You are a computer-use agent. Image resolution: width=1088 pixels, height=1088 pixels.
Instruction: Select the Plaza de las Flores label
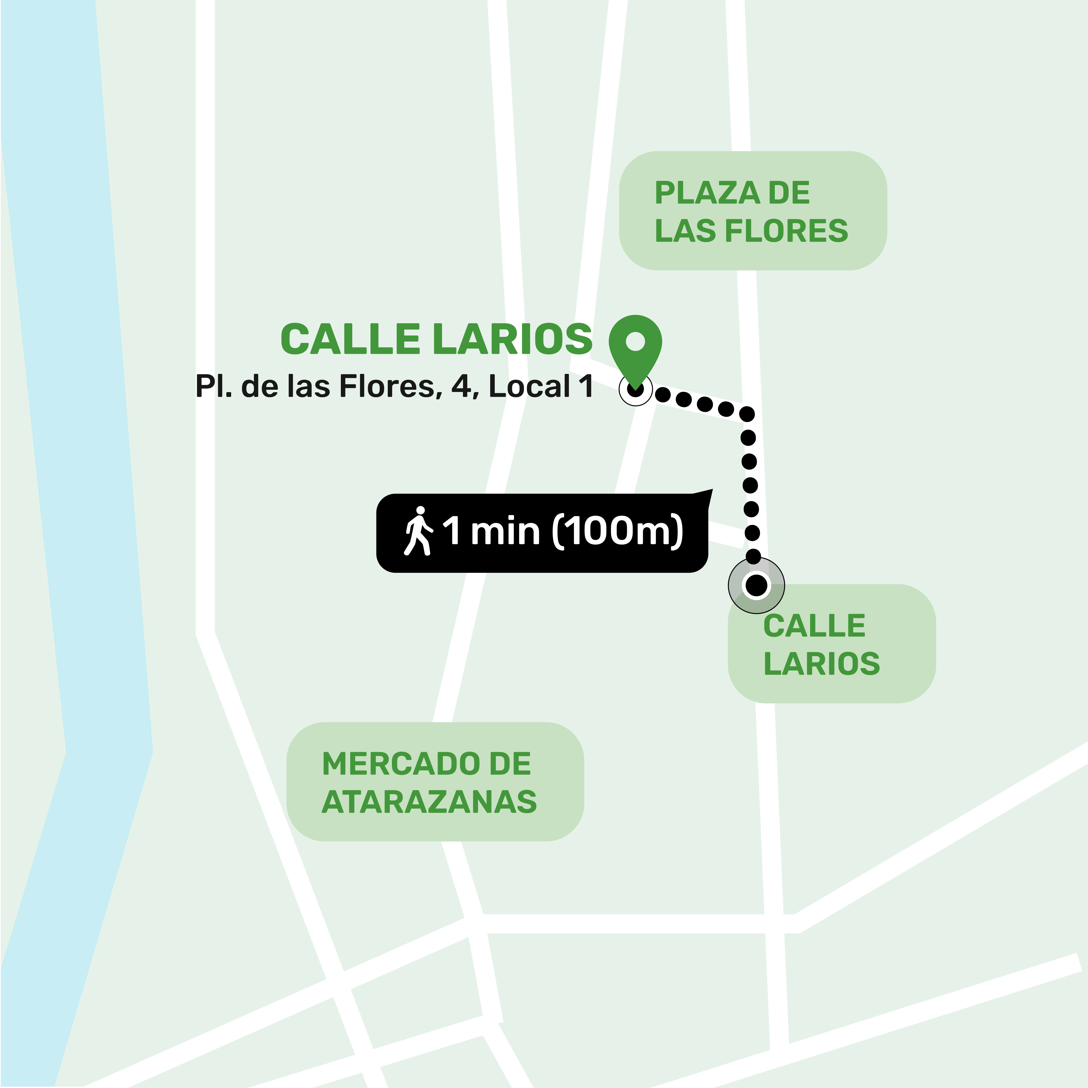pyautogui.click(x=752, y=211)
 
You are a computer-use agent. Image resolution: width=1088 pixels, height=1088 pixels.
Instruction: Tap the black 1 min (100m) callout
pyautogui.click(x=542, y=533)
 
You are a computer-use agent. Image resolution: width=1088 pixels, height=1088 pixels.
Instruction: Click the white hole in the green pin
pyautogui.click(x=635, y=341)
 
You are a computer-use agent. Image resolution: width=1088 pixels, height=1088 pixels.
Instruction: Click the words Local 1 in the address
pyautogui.click(x=541, y=387)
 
